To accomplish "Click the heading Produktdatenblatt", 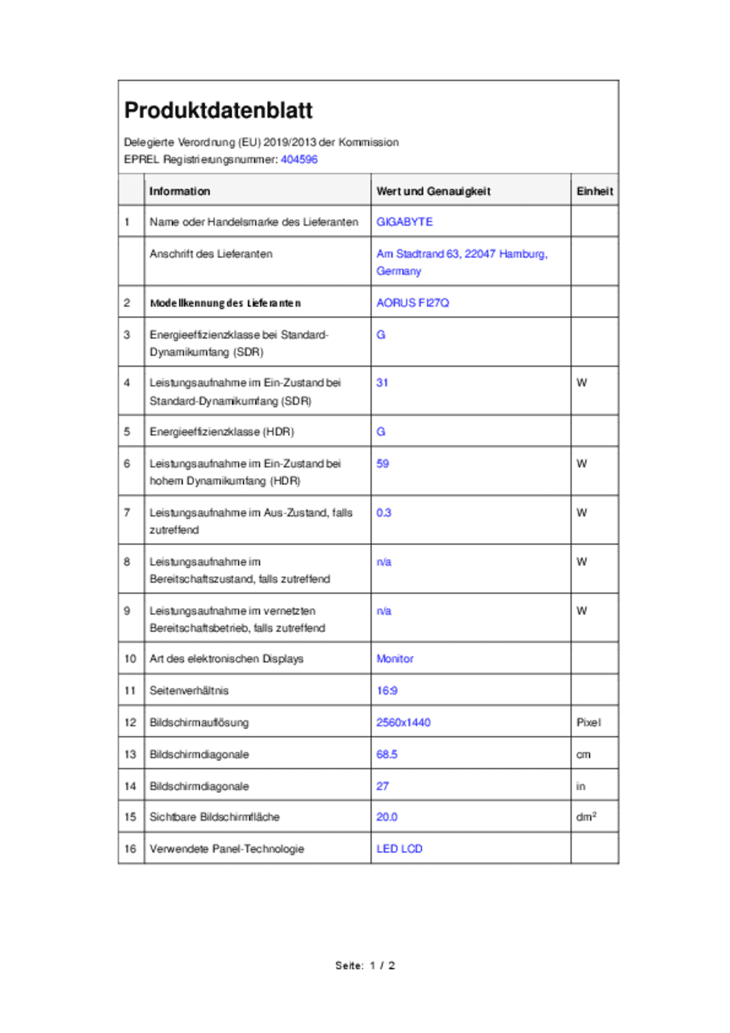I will click(218, 111).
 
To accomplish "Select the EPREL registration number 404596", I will click(299, 159).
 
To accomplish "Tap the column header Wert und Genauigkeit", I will click(433, 191).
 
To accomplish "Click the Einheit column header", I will click(594, 191).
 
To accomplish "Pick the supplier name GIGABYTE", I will click(404, 222).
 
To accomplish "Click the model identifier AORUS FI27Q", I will click(412, 303).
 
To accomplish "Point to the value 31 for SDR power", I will click(382, 383).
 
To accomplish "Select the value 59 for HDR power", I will click(383, 463).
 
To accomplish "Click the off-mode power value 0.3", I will click(383, 513).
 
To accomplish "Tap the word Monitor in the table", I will click(394, 659).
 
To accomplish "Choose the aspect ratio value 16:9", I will click(387, 690).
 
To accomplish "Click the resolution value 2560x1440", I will click(403, 722).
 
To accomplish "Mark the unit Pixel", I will click(588, 722).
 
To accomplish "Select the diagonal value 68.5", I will click(387, 754).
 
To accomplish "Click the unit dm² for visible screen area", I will click(586, 817).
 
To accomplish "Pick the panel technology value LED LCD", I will click(399, 848).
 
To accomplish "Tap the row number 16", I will click(130, 848).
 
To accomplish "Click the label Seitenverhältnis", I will click(189, 690).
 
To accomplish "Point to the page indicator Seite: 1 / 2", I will click(365, 965).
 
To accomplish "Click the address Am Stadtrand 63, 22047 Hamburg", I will click(461, 254).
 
